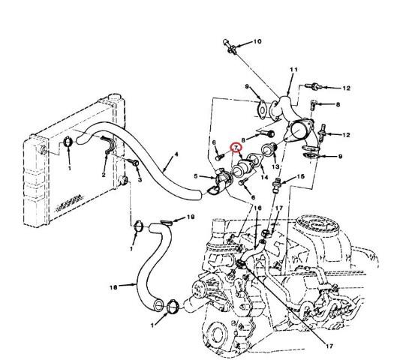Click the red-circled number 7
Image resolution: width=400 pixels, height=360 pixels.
[x=236, y=148]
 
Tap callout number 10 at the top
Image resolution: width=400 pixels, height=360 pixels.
[x=257, y=41]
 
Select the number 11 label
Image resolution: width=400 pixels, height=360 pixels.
[x=293, y=69]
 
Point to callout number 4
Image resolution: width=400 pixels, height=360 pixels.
[x=176, y=154]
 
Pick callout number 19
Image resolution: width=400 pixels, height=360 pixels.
[x=191, y=217]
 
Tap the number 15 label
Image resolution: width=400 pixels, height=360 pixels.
[x=301, y=176]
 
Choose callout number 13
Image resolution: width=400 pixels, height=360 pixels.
[x=275, y=166]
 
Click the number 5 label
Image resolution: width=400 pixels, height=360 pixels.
[x=196, y=176]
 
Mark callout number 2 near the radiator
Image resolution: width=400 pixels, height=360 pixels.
[x=104, y=175]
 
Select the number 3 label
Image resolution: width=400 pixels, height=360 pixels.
[x=140, y=180]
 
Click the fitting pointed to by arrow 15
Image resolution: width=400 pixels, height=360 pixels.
[x=275, y=185]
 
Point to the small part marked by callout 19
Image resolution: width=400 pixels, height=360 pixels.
[x=167, y=223]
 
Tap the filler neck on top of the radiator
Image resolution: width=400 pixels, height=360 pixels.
[x=114, y=98]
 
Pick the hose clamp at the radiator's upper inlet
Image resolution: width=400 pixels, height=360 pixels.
[x=68, y=142]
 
